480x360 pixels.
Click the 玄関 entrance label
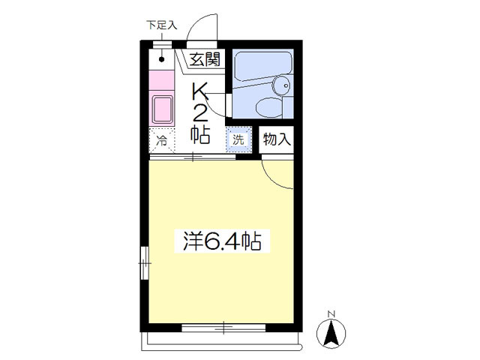point(205,59)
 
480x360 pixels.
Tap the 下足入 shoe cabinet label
point(162,25)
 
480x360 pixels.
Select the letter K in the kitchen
point(200,91)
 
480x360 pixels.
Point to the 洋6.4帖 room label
point(222,241)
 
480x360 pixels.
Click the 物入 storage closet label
point(277,139)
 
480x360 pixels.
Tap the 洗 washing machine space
point(238,139)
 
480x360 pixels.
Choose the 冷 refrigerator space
point(162,140)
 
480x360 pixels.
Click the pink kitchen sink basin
point(162,109)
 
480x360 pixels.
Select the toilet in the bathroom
point(269,108)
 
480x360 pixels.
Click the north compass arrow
point(331,332)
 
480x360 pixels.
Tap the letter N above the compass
point(331,314)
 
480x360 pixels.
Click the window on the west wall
point(145,263)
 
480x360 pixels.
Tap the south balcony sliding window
point(223,328)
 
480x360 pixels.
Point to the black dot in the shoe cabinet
point(162,59)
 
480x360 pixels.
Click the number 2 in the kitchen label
point(200,113)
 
